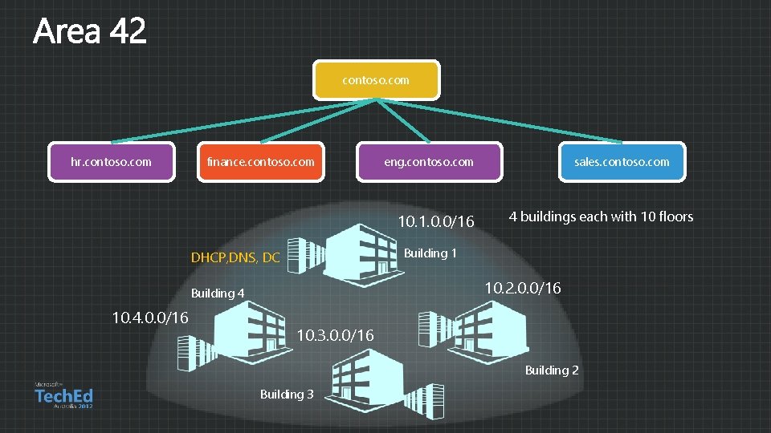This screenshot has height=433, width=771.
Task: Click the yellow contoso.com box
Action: (376, 80)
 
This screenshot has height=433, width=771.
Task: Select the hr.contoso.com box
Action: (111, 162)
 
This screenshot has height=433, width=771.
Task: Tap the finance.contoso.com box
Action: (260, 162)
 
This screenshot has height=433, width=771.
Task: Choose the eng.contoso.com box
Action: (429, 162)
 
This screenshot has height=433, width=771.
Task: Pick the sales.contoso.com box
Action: (622, 162)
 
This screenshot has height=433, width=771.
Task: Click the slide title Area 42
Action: (90, 32)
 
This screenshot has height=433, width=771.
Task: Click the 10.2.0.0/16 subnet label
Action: (524, 287)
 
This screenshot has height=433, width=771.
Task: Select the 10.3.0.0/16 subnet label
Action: (336, 335)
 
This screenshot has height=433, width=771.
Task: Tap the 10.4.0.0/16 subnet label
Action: (150, 318)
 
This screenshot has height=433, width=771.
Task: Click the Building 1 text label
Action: (430, 253)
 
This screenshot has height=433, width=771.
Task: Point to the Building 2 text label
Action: (552, 370)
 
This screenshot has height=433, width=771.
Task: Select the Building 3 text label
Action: (287, 394)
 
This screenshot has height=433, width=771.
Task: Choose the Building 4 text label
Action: (218, 293)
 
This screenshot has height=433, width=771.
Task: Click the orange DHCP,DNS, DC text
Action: (235, 258)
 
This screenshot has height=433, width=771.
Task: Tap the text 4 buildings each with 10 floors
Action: (601, 216)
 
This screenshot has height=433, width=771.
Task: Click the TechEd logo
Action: (63, 395)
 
